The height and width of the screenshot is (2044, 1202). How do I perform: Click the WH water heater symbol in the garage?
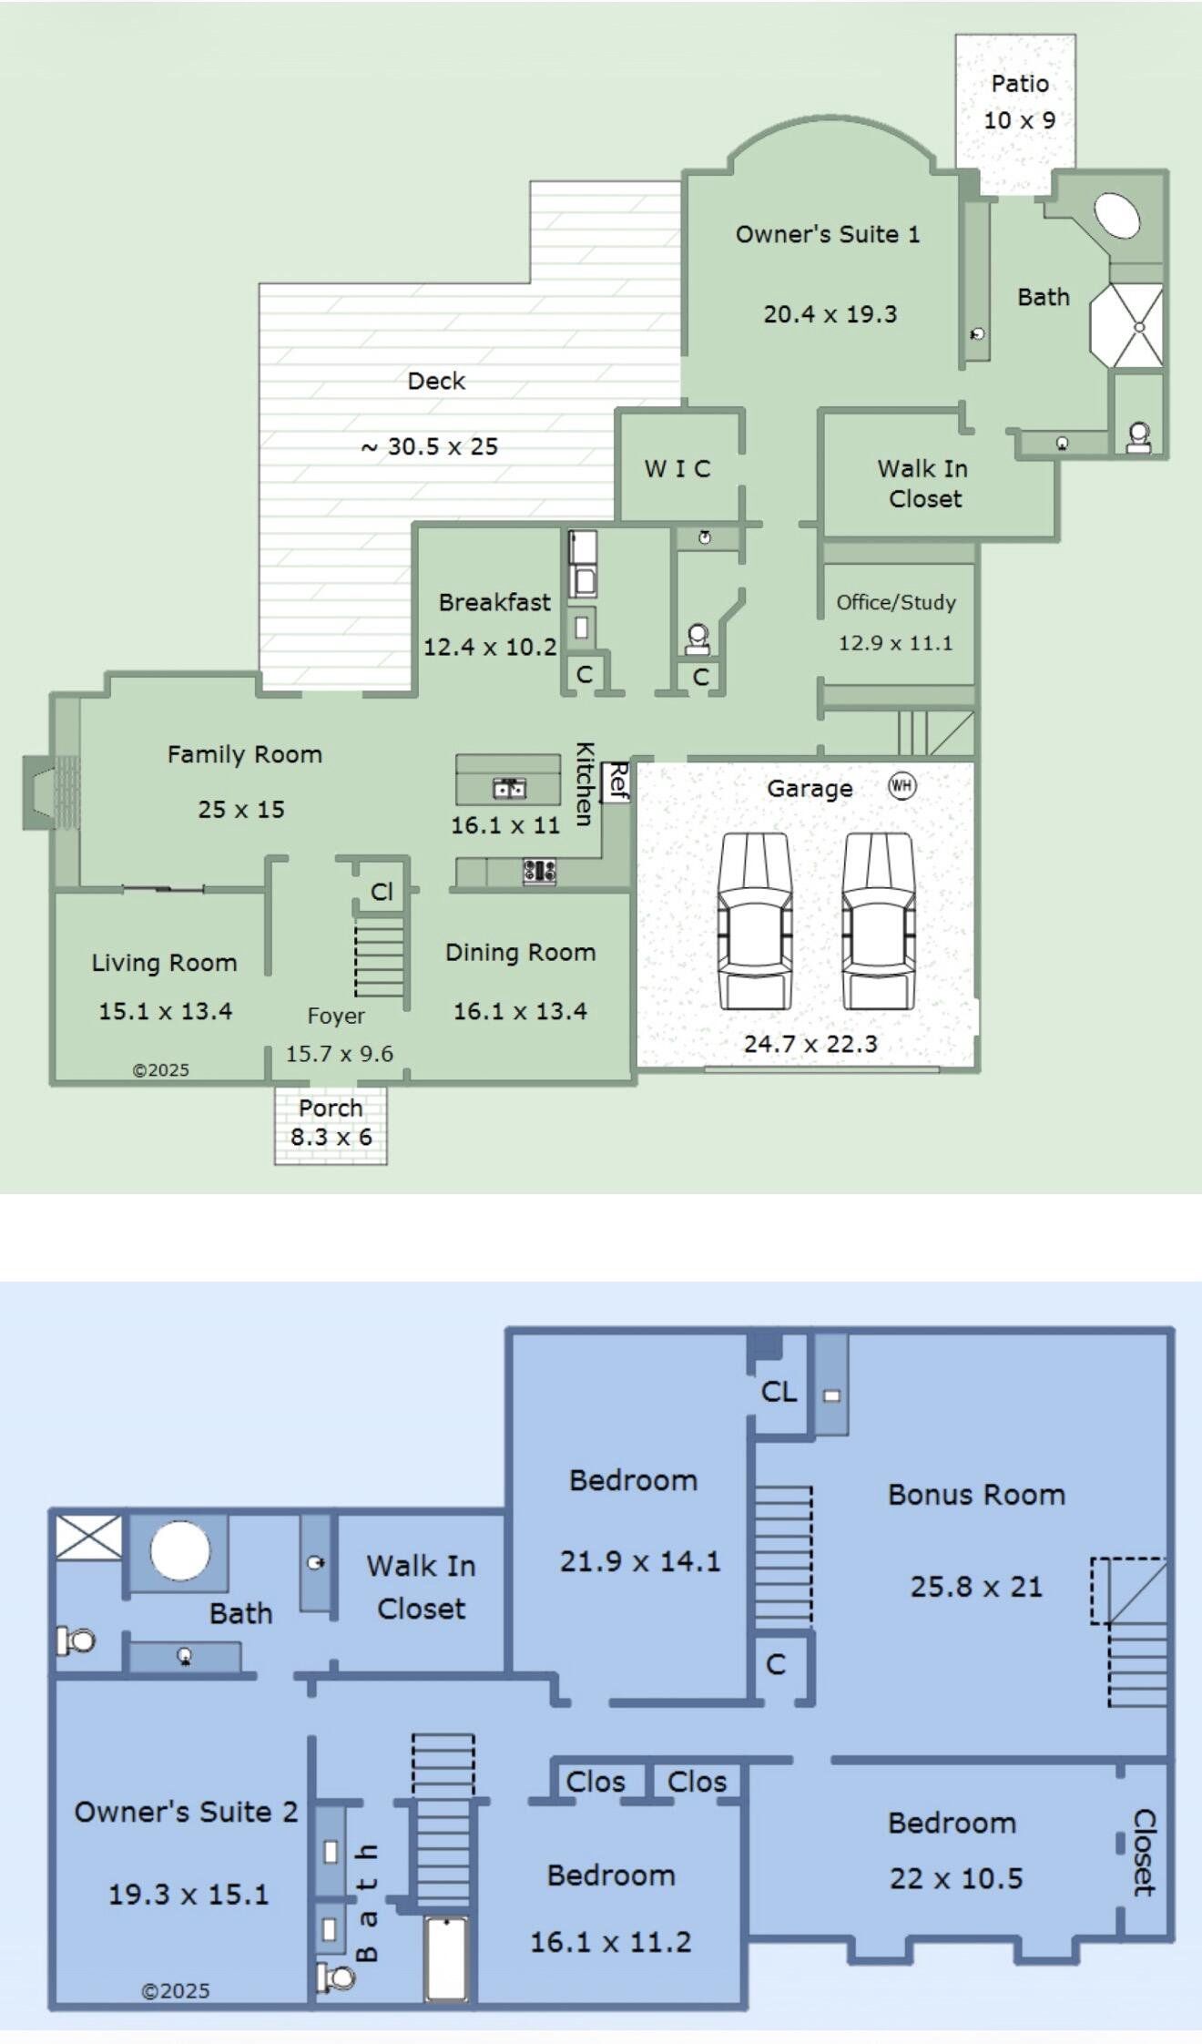click(x=901, y=785)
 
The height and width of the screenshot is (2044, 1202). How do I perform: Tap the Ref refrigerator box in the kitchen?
click(x=616, y=782)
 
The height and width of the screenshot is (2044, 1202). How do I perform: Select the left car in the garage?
click(x=755, y=920)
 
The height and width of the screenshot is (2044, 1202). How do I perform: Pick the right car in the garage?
click(x=877, y=920)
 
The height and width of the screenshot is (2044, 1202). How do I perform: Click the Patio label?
click(x=1020, y=84)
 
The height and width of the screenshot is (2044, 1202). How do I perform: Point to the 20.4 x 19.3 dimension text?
click(x=830, y=314)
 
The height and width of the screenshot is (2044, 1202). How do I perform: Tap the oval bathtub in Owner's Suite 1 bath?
click(x=1116, y=215)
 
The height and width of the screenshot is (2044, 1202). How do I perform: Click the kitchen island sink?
click(x=509, y=788)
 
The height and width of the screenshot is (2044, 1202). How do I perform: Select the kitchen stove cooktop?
click(x=539, y=872)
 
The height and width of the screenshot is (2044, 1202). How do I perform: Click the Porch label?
click(x=331, y=1108)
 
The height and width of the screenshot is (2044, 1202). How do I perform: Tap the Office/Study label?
click(x=896, y=602)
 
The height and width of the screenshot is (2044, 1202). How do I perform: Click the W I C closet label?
click(x=677, y=468)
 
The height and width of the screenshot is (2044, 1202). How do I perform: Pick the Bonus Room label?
click(x=976, y=1495)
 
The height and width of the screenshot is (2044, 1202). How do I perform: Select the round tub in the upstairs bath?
click(x=180, y=1549)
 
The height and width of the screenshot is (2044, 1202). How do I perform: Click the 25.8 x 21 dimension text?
click(x=976, y=1587)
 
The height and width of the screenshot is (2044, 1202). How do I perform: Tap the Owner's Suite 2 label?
click(x=186, y=1812)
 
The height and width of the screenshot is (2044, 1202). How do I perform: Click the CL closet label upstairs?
click(x=779, y=1391)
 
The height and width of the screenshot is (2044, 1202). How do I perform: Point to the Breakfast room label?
click(x=494, y=602)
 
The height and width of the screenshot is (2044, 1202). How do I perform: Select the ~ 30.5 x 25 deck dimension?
click(x=430, y=446)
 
